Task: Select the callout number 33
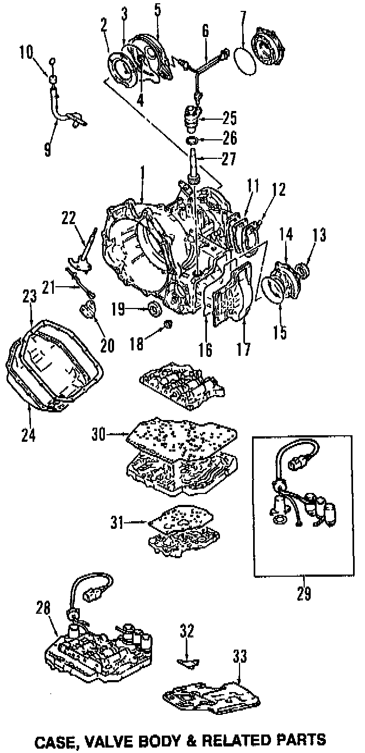pos(239,657)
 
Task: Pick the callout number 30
pos(98,434)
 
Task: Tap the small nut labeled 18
pos(168,325)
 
